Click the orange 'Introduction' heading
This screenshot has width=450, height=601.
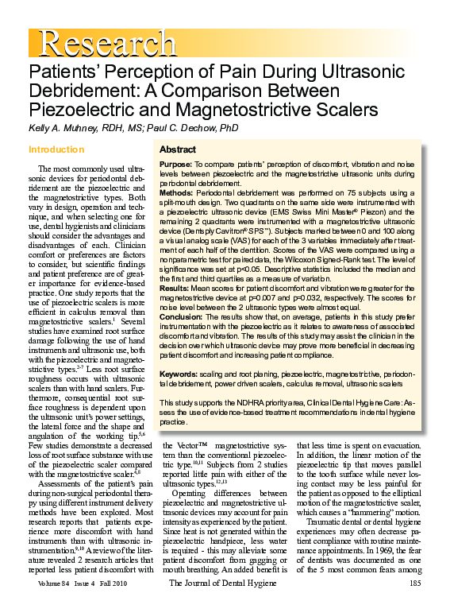point(55,149)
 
